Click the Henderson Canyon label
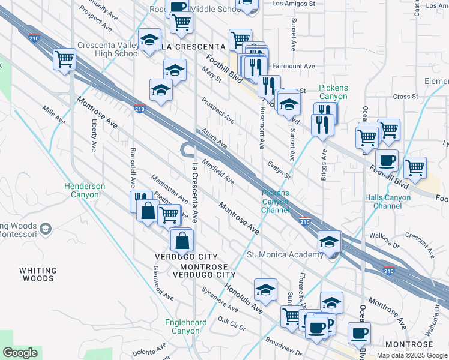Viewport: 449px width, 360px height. (85, 190)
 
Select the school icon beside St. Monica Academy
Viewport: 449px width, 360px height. (329, 242)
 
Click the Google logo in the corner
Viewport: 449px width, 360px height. (20, 353)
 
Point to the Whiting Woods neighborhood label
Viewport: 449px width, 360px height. (37, 274)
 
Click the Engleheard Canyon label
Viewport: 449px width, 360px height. (185, 326)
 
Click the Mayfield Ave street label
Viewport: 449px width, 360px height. (218, 171)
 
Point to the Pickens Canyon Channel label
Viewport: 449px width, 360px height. (275, 201)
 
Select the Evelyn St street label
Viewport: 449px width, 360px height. (279, 170)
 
